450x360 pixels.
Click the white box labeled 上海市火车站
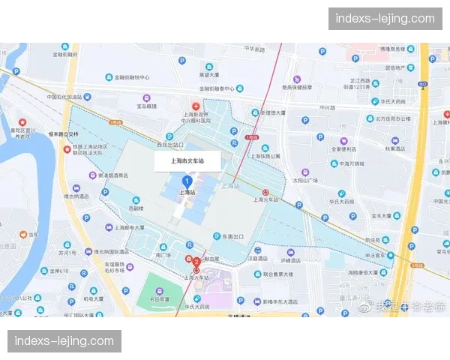(187, 161)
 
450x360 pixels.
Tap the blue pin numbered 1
(187, 181)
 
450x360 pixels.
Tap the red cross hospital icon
(195, 106)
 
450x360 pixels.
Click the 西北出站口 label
(169, 144)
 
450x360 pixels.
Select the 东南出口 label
(232, 236)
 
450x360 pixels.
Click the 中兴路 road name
(327, 107)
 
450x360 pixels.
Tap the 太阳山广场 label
(305, 180)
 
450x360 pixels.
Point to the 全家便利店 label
(346, 148)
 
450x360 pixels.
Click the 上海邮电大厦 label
(127, 227)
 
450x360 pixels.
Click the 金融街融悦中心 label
(132, 76)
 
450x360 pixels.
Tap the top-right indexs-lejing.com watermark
(384, 18)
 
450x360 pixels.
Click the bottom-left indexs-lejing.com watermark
(65, 341)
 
